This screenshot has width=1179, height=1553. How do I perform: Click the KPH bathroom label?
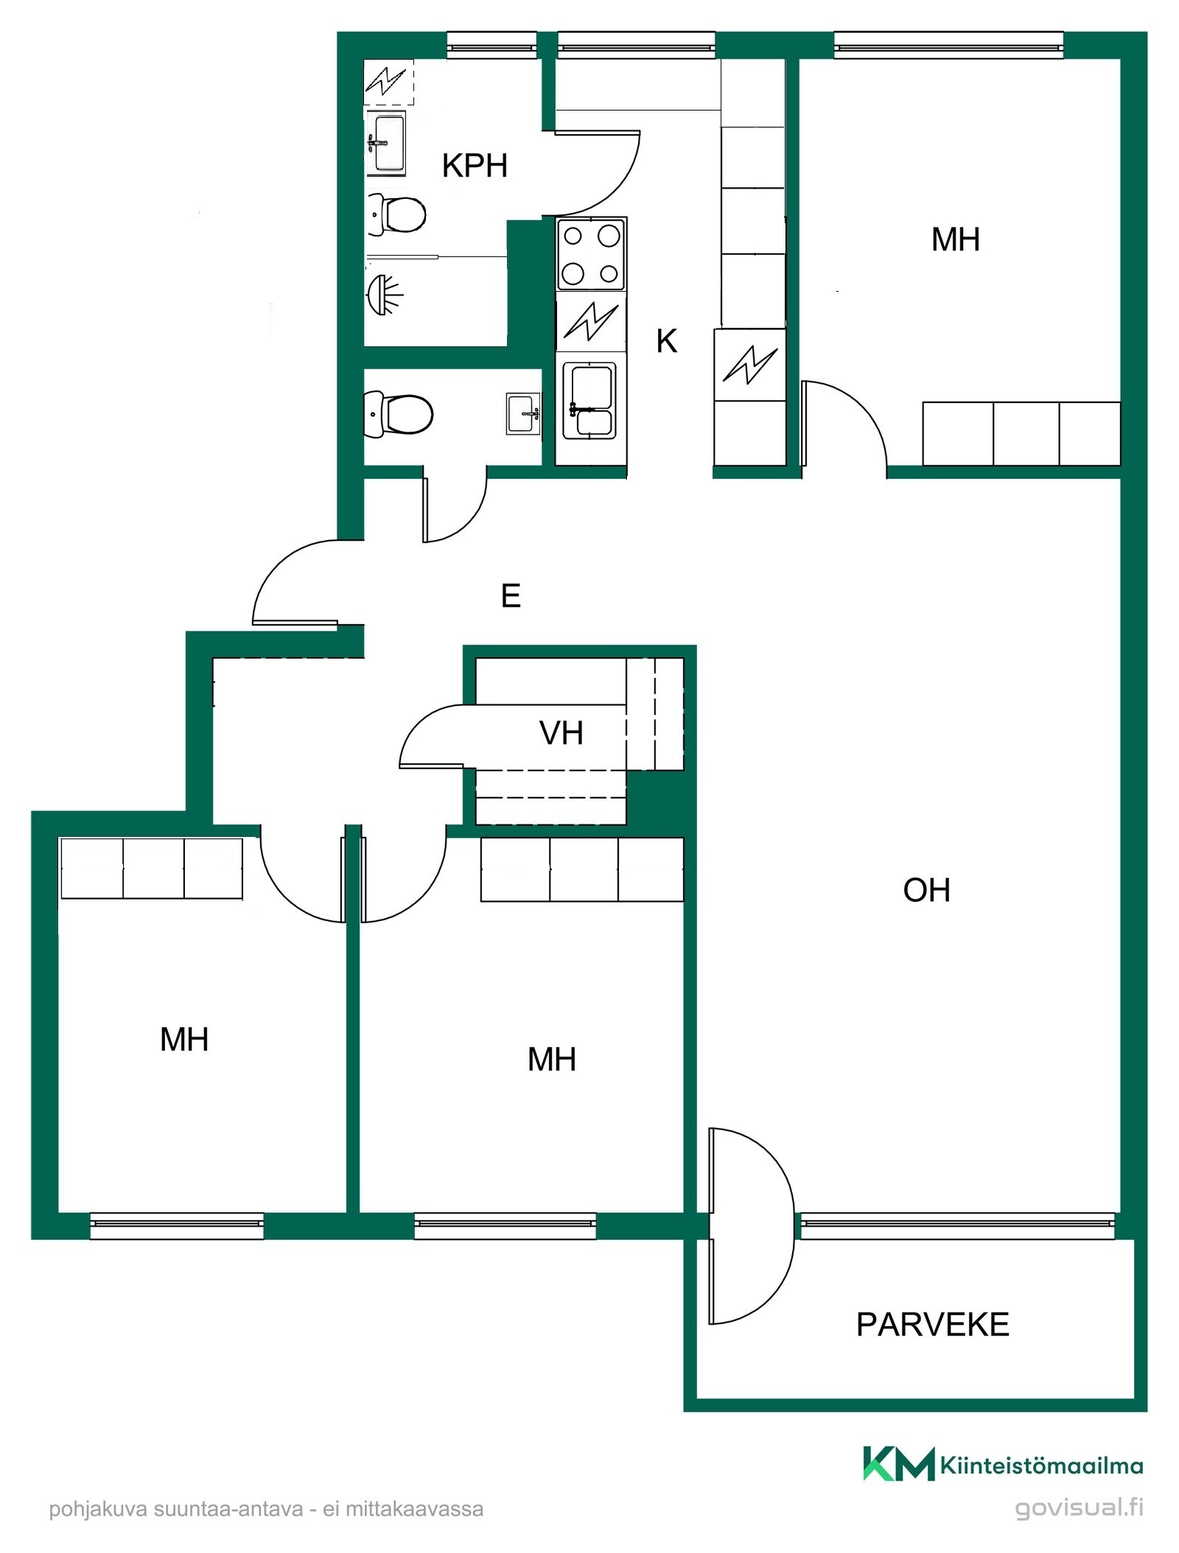(x=475, y=166)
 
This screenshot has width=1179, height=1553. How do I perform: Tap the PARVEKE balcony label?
(x=932, y=1325)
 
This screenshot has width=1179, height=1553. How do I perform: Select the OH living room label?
(x=926, y=890)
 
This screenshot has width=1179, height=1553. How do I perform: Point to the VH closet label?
(x=561, y=733)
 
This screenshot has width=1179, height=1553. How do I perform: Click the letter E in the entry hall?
(x=511, y=595)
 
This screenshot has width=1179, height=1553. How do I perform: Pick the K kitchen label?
(x=667, y=341)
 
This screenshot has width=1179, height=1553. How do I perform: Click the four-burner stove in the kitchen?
(x=591, y=254)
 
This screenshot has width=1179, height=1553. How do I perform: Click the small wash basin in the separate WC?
(x=523, y=413)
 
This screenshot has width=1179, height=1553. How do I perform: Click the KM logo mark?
(x=898, y=1462)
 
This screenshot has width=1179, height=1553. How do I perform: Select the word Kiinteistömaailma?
(x=1041, y=1465)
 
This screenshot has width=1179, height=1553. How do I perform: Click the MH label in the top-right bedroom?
(x=955, y=240)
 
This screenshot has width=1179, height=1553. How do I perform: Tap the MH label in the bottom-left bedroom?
(x=184, y=1040)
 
